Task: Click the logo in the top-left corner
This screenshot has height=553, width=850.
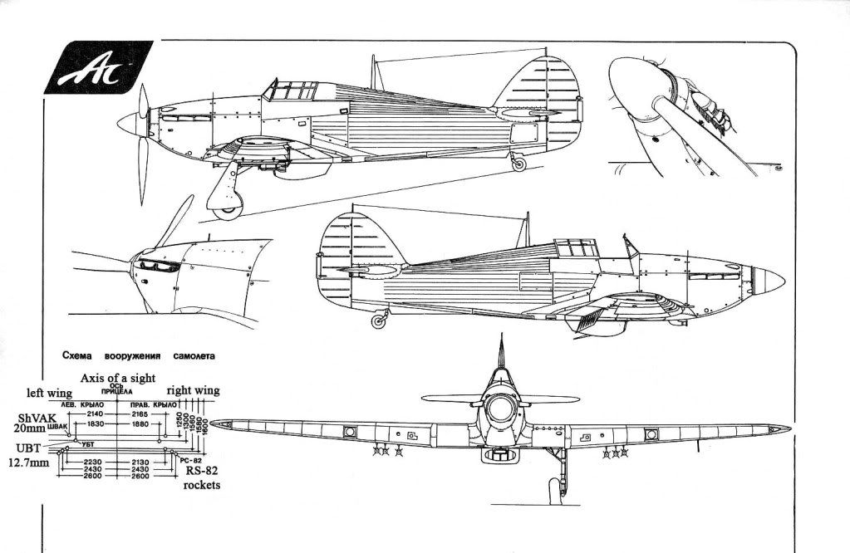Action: pyautogui.click(x=92, y=67)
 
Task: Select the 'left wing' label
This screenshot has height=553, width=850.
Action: pyautogui.click(x=48, y=393)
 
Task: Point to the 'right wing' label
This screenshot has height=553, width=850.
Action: pyautogui.click(x=193, y=390)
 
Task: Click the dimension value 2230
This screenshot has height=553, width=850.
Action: pyautogui.click(x=94, y=462)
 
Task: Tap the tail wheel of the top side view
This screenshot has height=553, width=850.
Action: pyautogui.click(x=520, y=164)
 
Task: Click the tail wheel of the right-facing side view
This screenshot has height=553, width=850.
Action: pyautogui.click(x=380, y=321)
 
